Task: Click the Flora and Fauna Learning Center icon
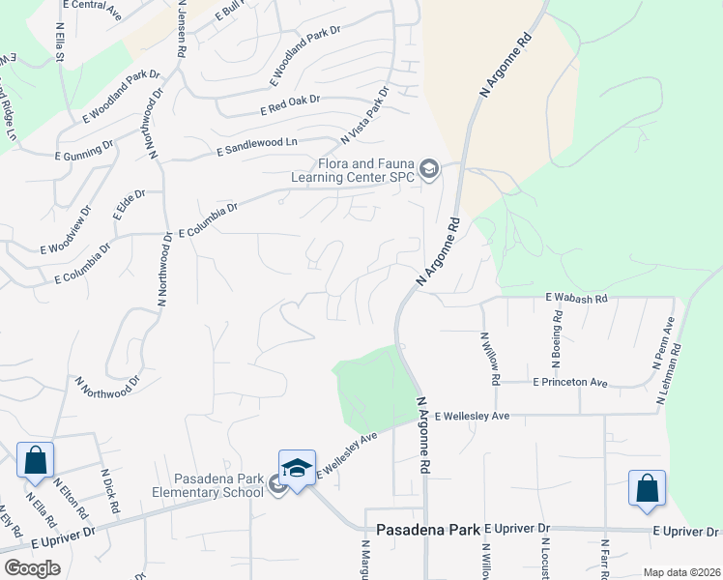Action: (x=430, y=172)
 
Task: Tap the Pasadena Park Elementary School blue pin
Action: (x=298, y=468)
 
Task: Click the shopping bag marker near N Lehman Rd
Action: (x=647, y=489)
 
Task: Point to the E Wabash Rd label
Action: (x=576, y=299)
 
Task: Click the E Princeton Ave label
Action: (x=570, y=383)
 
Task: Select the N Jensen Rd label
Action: (x=181, y=29)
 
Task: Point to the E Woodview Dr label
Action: (x=67, y=230)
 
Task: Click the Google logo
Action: (x=32, y=568)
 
